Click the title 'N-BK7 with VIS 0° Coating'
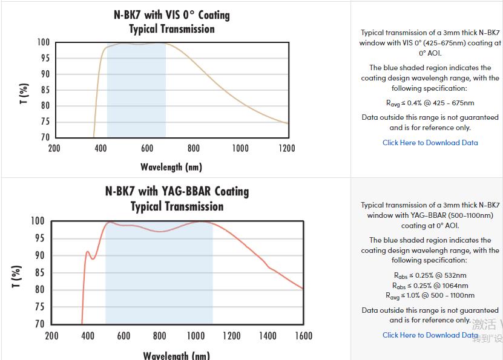tap(172, 15)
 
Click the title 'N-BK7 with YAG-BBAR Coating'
tap(177, 191)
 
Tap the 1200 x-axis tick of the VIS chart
tap(286, 148)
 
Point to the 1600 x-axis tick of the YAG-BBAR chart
tap(303, 335)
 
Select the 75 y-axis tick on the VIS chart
tap(44, 122)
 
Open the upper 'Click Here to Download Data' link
tap(430, 143)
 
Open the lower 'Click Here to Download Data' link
tap(430, 335)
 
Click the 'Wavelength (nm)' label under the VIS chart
tap(171, 166)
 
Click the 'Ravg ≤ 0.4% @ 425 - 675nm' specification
tap(430, 103)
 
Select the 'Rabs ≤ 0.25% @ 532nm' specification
tap(430, 275)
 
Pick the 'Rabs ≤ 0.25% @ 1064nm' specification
tap(430, 286)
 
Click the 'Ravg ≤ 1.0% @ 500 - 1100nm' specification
tap(430, 295)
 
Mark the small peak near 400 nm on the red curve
tap(88, 252)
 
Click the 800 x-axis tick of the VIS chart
tap(193, 148)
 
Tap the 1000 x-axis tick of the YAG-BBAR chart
tap(196, 335)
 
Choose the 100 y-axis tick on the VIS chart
tap(42, 42)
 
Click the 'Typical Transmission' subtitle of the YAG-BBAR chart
tap(177, 206)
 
